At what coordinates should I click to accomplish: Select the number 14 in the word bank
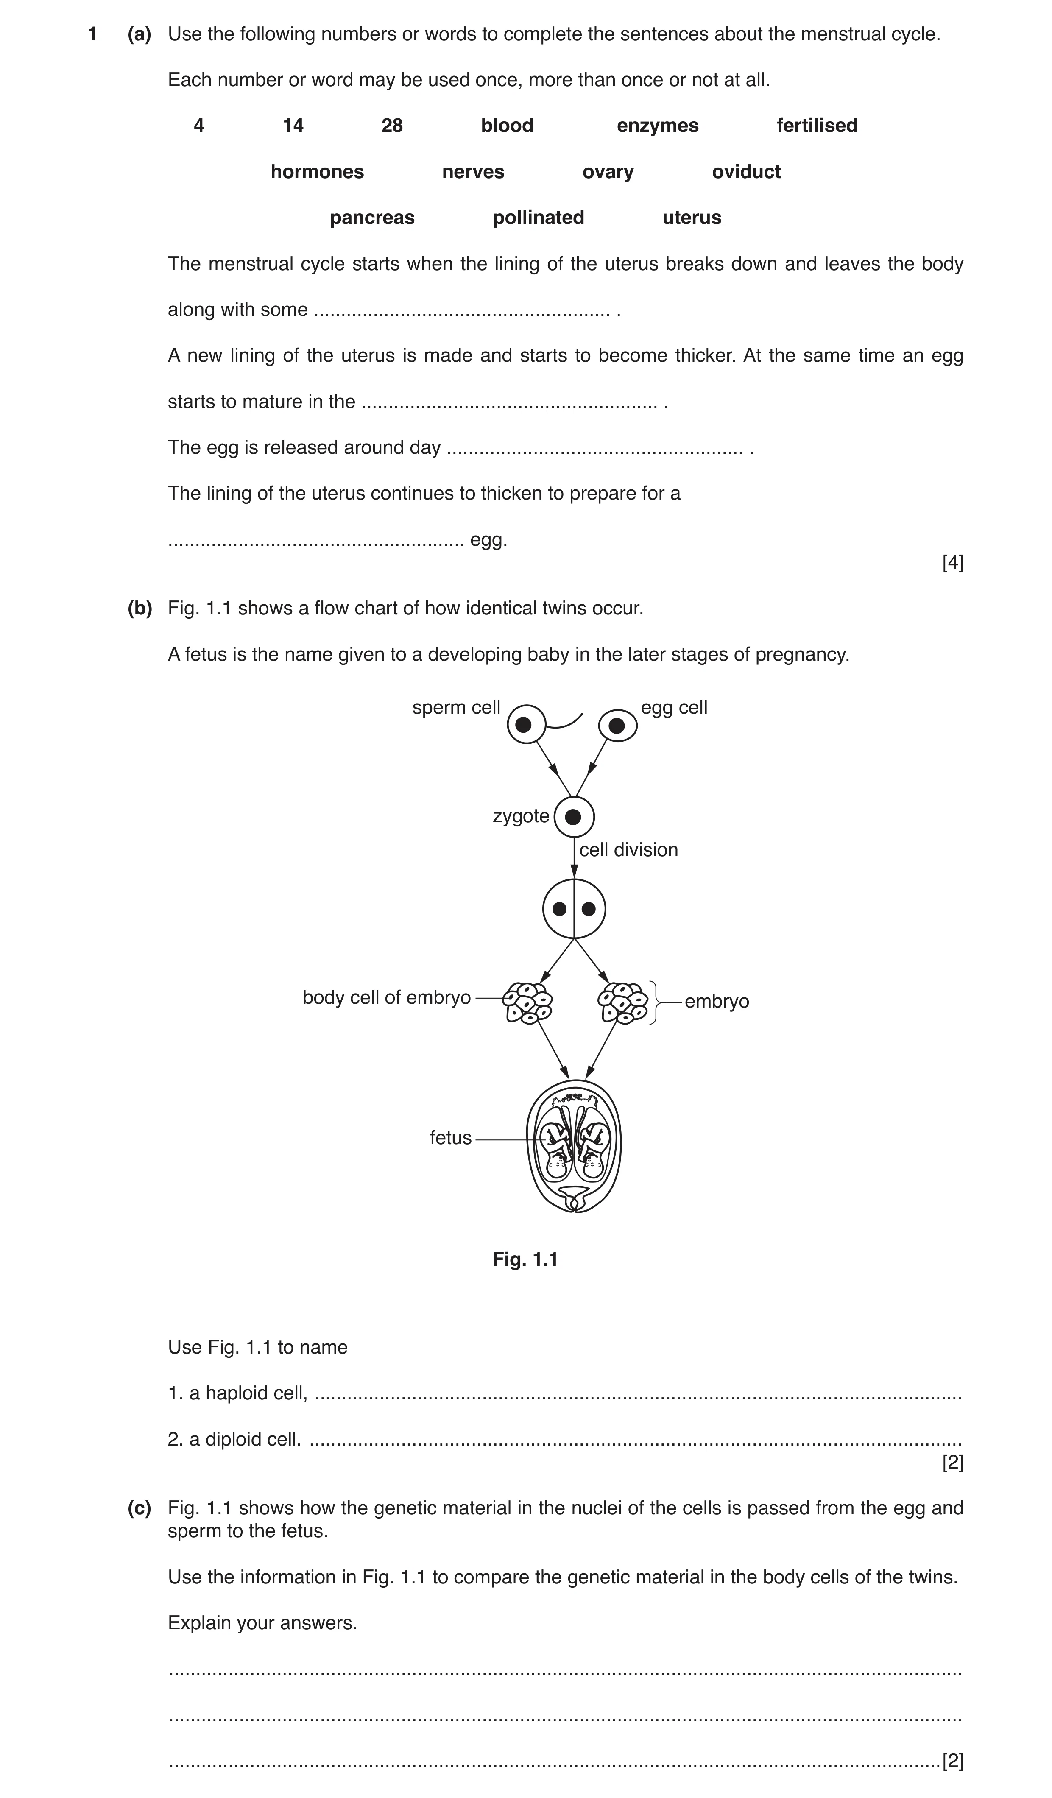293,126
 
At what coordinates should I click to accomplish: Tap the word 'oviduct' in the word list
746,172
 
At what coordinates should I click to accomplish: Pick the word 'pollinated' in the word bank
539,218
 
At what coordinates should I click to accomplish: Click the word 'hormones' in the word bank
318,172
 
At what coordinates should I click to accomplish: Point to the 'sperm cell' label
457,708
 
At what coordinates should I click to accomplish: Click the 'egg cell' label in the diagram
674,708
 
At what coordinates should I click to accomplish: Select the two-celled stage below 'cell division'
574,909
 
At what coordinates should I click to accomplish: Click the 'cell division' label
628,850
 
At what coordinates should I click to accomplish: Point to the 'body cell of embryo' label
387,997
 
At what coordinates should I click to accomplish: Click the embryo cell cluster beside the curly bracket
622,1003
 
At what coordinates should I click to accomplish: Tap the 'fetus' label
451,1138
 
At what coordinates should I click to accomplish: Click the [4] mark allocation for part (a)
953,563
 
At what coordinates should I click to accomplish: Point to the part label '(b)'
140,609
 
